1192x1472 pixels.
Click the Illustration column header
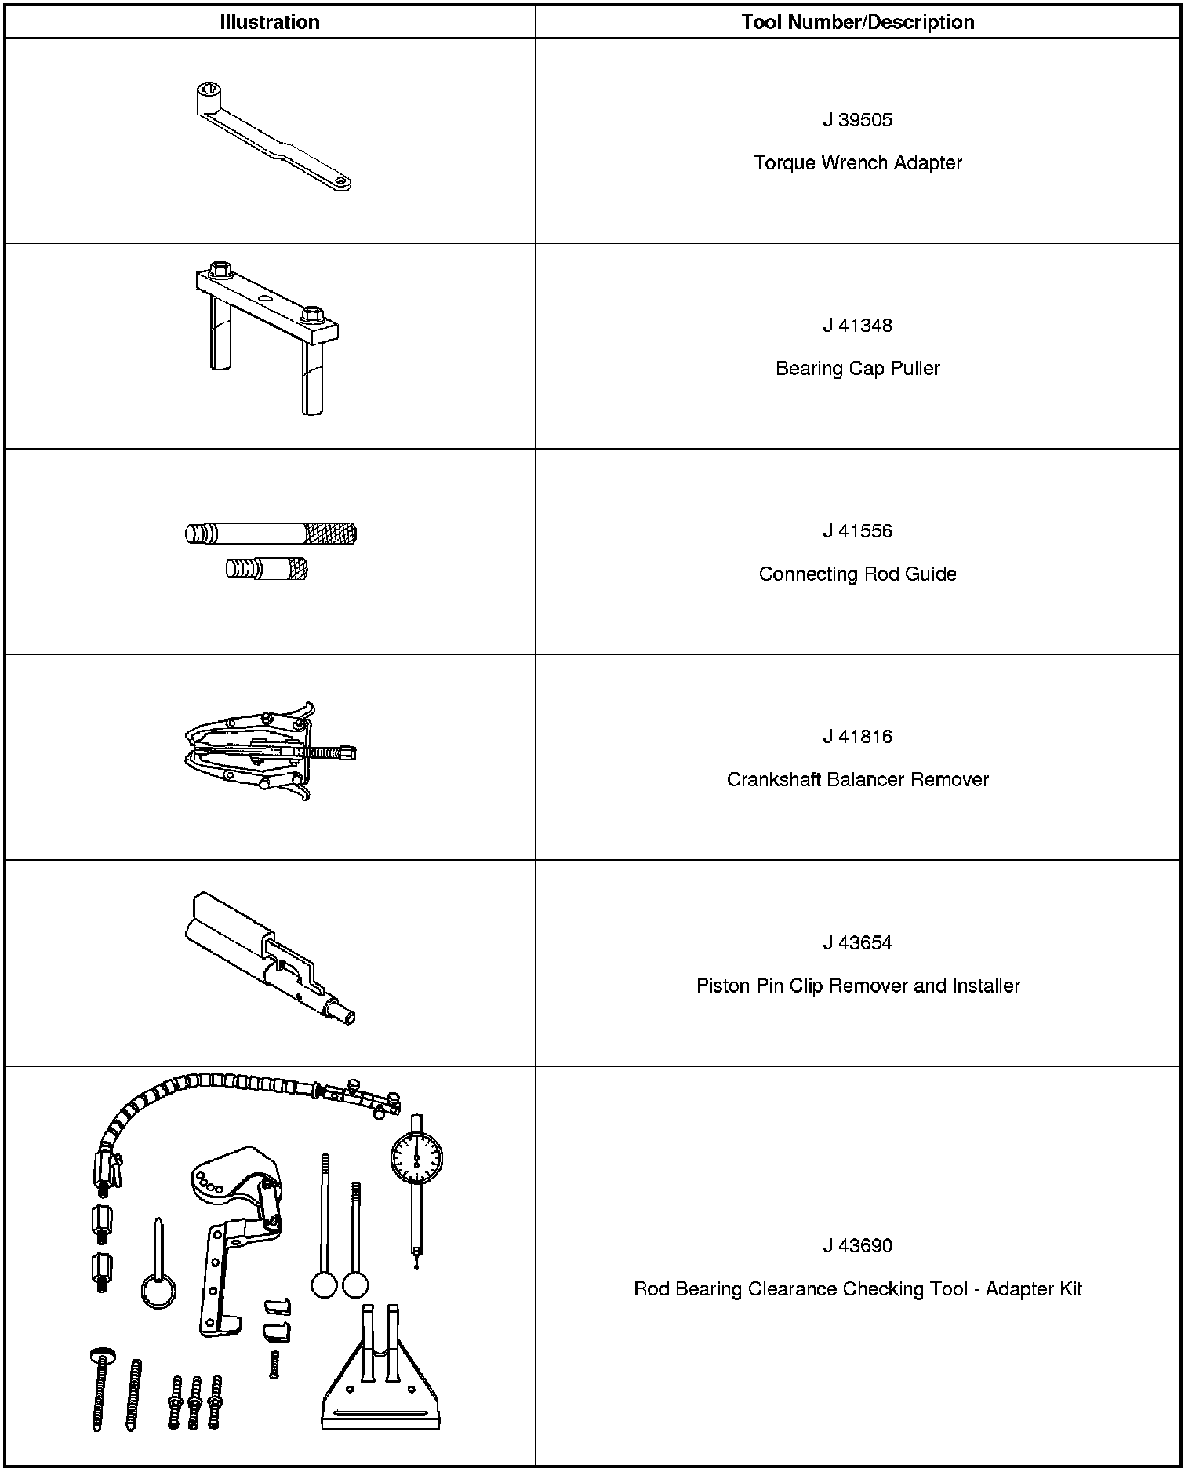270,22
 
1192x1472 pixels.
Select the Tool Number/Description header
857,22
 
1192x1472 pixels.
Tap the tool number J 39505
857,120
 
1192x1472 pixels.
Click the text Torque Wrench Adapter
857,163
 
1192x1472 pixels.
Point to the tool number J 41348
857,326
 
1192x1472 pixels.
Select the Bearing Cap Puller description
857,369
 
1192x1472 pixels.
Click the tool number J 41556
857,531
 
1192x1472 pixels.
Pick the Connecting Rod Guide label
857,574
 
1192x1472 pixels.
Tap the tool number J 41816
857,737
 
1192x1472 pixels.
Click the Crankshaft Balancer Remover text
857,780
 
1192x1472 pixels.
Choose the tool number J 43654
857,942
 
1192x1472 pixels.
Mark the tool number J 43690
857,1245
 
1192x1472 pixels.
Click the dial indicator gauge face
416,1158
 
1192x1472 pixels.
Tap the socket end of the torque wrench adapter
209,93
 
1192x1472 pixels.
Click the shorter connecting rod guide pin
267,568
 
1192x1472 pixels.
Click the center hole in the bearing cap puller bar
264,299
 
